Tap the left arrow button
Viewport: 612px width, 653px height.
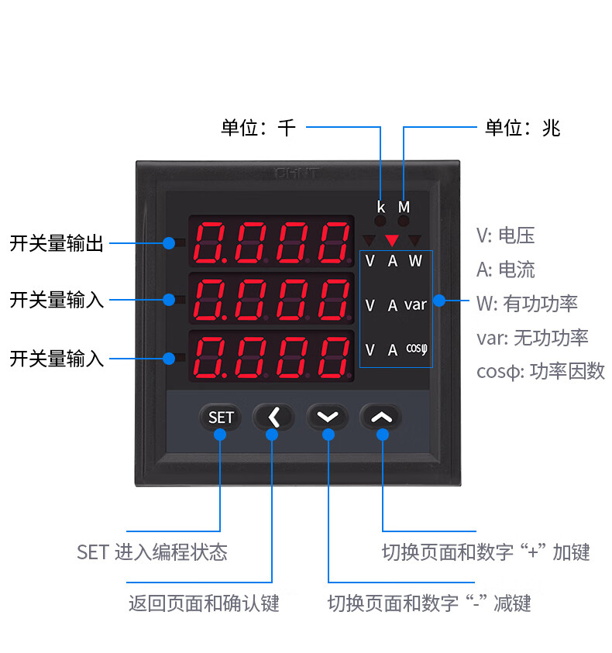[x=273, y=417]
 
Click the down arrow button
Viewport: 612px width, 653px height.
[x=328, y=417]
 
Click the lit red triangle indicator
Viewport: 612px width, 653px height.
[x=392, y=240]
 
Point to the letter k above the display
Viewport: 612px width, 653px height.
[x=381, y=207]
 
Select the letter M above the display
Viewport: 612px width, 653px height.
[x=404, y=207]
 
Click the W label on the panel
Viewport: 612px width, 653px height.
[x=415, y=261]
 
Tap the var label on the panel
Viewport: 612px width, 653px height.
[x=415, y=305]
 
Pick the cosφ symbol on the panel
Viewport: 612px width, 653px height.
[x=417, y=349]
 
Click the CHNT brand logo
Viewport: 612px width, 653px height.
[x=297, y=174]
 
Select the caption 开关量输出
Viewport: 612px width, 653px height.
[x=57, y=243]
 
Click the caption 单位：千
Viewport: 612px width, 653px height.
[x=258, y=128]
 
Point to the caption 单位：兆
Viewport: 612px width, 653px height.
[x=522, y=128]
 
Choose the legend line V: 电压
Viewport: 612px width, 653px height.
[x=505, y=235]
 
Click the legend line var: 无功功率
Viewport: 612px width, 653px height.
[x=532, y=337]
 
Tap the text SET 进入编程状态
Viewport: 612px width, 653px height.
[x=152, y=552]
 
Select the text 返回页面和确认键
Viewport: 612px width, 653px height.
[x=204, y=603]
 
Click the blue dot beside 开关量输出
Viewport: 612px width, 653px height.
[x=169, y=243]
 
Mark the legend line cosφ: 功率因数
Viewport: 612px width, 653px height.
[x=541, y=371]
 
